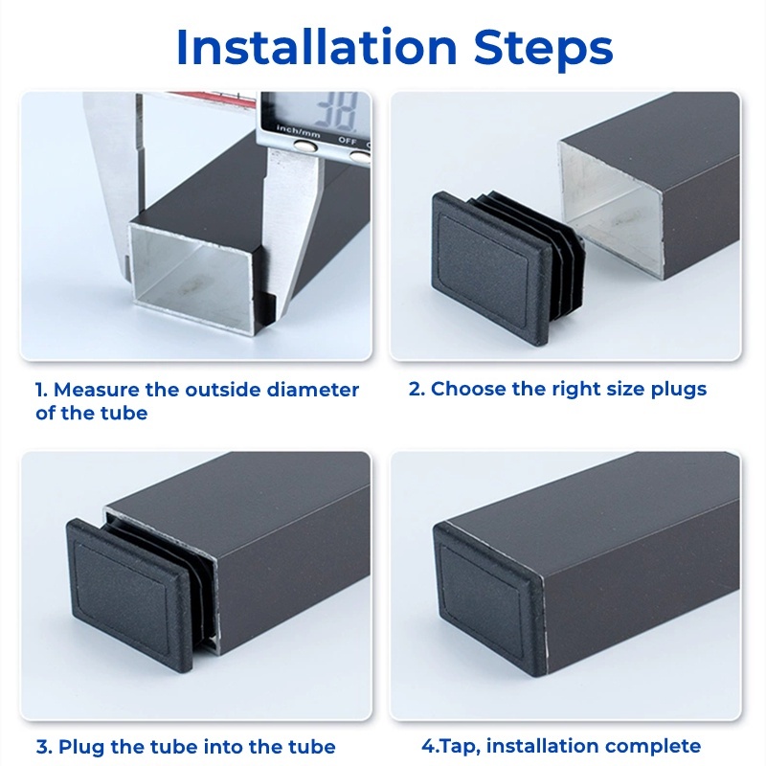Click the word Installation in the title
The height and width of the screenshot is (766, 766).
pyautogui.click(x=317, y=47)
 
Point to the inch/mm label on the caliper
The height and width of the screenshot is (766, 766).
pyautogui.click(x=299, y=131)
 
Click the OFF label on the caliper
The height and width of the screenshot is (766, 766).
pyautogui.click(x=348, y=141)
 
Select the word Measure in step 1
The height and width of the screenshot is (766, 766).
pyautogui.click(x=97, y=390)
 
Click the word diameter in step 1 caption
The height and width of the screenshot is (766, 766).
pyautogui.click(x=313, y=390)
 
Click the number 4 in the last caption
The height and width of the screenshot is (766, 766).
pyautogui.click(x=427, y=746)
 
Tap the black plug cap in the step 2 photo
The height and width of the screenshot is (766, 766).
pyautogui.click(x=492, y=267)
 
